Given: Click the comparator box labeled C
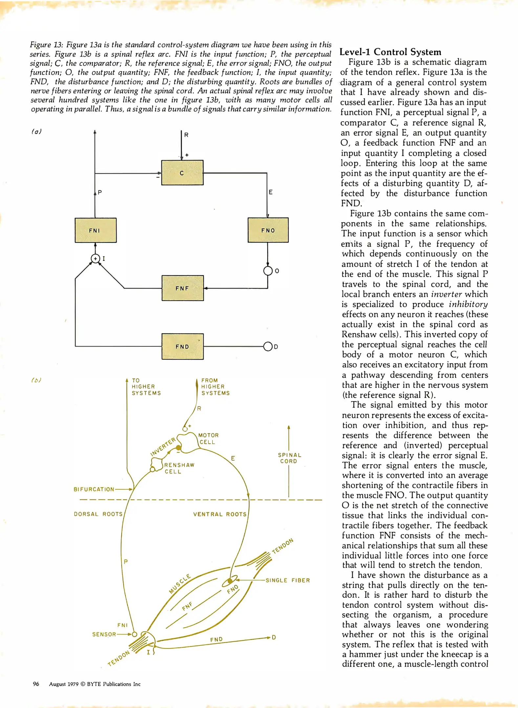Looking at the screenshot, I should (x=182, y=173).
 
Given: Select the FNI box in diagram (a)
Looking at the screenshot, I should (x=96, y=230).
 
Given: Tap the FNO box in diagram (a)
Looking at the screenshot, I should (x=268, y=230).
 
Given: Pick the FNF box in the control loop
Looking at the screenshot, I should (x=183, y=288).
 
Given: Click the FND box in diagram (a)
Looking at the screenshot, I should (x=183, y=346).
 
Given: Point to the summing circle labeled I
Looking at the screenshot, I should (x=95, y=259).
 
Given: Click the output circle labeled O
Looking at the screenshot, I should (x=268, y=271).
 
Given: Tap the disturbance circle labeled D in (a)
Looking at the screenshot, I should (x=268, y=346).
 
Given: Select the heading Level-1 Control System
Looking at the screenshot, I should (x=390, y=52).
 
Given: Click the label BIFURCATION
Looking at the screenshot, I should (x=94, y=489).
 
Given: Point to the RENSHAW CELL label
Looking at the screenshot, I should (x=179, y=468).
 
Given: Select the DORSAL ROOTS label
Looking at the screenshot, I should (x=98, y=514).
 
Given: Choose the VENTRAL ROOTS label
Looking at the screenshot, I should (x=220, y=514).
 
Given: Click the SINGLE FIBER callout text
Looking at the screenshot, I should (x=288, y=580).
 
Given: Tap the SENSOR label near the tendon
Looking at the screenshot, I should (x=104, y=634).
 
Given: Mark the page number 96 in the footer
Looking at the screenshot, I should (x=36, y=684).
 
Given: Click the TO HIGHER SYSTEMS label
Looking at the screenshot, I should (x=146, y=387).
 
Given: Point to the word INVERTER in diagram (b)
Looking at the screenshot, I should (x=163, y=446).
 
